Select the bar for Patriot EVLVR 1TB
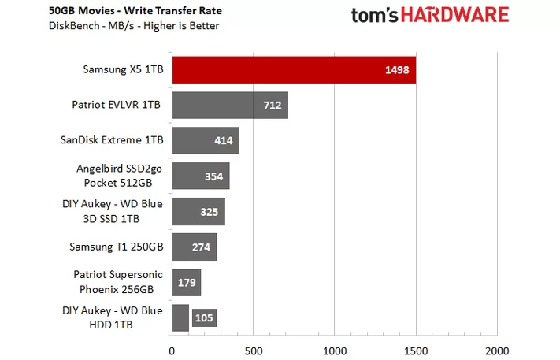click(x=228, y=105)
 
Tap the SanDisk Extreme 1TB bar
click(x=205, y=140)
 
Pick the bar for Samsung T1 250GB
click(x=194, y=247)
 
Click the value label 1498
click(x=397, y=69)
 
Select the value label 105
click(x=204, y=317)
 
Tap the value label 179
click(x=186, y=282)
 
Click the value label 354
click(x=213, y=176)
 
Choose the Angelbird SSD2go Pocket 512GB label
click(x=119, y=175)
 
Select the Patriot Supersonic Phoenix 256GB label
click(x=118, y=281)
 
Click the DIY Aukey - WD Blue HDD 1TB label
click(x=112, y=317)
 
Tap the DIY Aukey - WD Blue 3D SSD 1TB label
click(x=112, y=210)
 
